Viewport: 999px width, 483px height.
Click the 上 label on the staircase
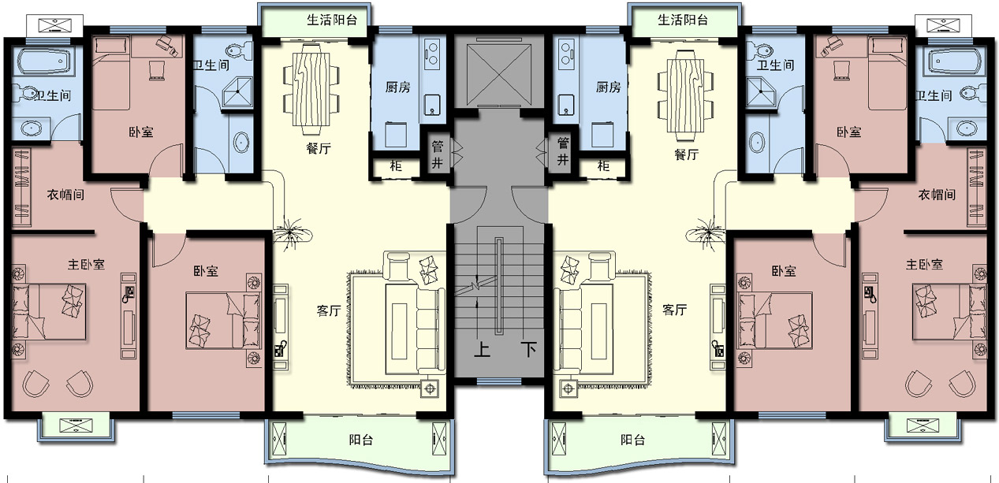(x=482, y=349)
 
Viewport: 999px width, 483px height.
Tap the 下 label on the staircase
(x=528, y=349)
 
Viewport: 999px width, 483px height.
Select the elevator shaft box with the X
(x=498, y=71)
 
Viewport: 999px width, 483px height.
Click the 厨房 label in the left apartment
(x=397, y=87)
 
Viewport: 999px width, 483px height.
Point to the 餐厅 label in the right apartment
(x=686, y=154)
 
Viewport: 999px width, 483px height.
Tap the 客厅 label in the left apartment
(x=329, y=310)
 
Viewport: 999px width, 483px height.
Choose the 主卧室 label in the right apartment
(x=925, y=264)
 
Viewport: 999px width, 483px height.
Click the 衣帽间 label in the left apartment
(x=65, y=195)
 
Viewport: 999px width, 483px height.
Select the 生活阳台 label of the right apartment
(x=683, y=20)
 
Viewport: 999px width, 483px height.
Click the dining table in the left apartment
(x=311, y=89)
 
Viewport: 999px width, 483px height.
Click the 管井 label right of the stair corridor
(x=563, y=151)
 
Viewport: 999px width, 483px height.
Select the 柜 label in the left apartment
(x=396, y=166)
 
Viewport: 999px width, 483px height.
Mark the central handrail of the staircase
(x=498, y=285)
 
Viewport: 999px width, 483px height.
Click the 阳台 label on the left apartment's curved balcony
(x=361, y=440)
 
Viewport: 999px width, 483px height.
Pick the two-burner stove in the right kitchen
(x=565, y=54)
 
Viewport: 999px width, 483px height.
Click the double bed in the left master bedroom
(x=49, y=312)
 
